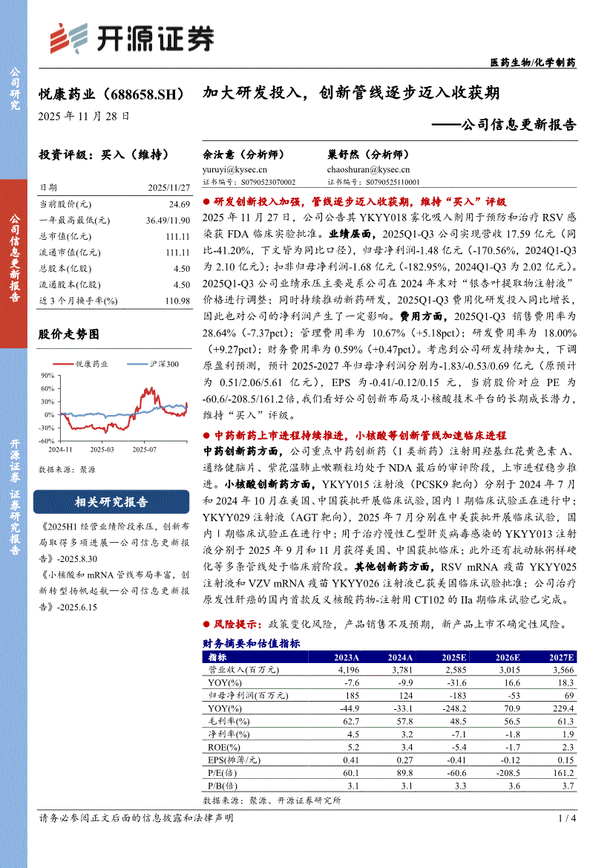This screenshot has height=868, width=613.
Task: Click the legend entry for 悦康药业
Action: [92, 364]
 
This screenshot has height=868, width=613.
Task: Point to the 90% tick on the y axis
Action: [48, 375]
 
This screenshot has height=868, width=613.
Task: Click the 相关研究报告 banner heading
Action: [111, 501]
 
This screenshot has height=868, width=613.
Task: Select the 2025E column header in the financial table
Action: [453, 657]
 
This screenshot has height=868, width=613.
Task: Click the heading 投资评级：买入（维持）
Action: [104, 155]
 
